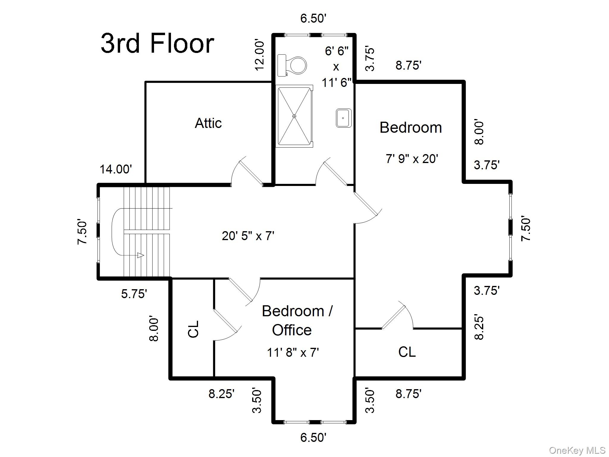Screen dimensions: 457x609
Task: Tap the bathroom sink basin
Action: click(344, 118)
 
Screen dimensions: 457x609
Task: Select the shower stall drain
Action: click(294, 116)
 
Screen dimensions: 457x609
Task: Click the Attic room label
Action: click(208, 123)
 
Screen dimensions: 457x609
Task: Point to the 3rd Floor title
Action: click(157, 43)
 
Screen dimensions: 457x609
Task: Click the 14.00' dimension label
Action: click(116, 169)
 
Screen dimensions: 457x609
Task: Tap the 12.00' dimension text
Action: click(260, 56)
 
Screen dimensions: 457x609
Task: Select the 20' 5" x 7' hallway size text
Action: click(248, 236)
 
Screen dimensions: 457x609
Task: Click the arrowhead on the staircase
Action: click(141, 255)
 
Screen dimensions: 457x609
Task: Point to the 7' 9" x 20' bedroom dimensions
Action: click(412, 159)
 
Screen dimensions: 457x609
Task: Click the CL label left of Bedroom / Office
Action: click(194, 329)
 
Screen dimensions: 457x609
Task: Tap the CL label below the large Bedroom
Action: click(407, 352)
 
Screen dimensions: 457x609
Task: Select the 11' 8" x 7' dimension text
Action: click(293, 353)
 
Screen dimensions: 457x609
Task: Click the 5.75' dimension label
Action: click(134, 294)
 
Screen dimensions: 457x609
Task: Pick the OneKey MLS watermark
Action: click(577, 450)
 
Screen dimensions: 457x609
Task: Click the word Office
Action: click(292, 330)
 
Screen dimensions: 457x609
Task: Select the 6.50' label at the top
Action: click(313, 18)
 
